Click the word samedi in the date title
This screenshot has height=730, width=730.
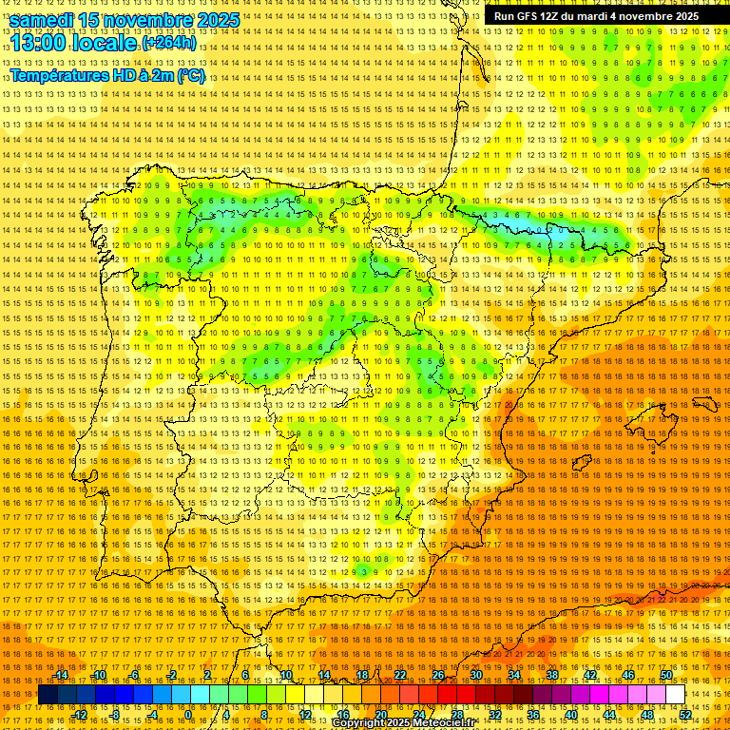tap(42, 20)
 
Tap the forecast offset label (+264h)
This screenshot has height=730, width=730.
tap(169, 44)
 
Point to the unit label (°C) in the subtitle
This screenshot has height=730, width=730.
tap(191, 76)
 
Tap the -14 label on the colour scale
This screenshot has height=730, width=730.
tap(61, 675)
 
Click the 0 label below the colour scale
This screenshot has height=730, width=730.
tap(188, 715)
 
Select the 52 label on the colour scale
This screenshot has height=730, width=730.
tap(685, 715)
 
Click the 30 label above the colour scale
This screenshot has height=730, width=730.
tap(475, 675)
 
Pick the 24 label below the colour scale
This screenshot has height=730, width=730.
tap(419, 715)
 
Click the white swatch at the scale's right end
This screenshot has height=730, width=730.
tap(675, 695)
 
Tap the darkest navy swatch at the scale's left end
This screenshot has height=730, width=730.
tap(48, 695)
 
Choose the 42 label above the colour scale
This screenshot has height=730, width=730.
tap(589, 675)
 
